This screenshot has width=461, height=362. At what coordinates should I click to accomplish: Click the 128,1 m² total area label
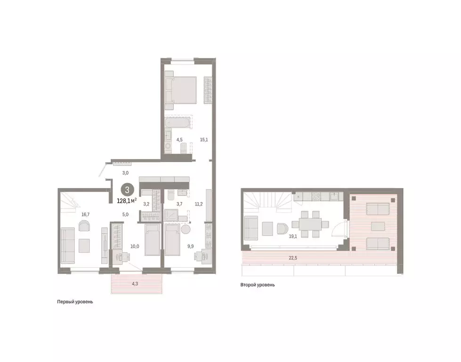click(x=127, y=200)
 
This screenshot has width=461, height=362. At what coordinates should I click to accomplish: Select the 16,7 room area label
click(x=85, y=214)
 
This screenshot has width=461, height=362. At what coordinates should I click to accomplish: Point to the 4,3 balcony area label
click(x=136, y=284)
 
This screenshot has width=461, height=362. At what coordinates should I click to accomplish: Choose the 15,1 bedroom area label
click(x=204, y=140)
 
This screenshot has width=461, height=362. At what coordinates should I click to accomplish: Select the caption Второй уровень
click(x=258, y=285)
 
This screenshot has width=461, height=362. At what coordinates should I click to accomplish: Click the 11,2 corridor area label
click(x=198, y=204)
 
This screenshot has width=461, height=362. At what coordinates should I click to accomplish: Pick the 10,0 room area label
click(x=135, y=246)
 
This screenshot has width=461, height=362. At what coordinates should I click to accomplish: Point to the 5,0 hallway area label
click(x=126, y=214)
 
